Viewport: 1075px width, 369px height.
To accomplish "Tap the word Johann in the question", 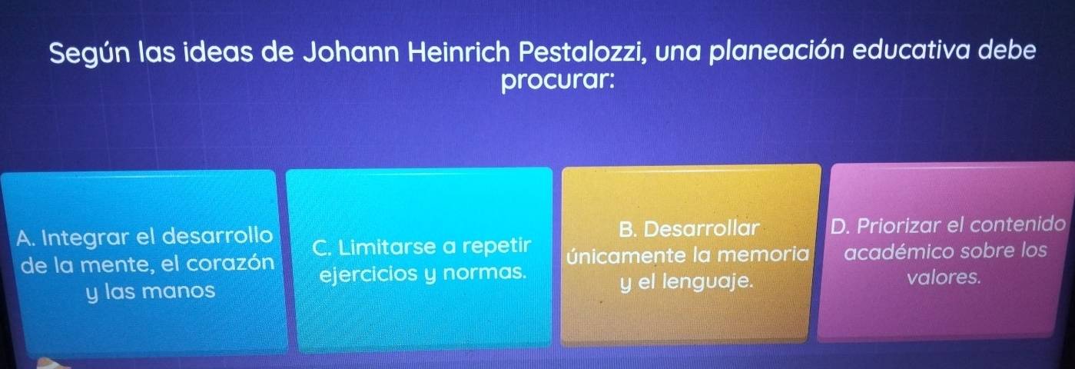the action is [x=351, y=52].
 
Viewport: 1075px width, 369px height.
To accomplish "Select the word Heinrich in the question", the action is [x=459, y=52].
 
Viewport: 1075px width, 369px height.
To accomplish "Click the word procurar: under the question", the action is [x=558, y=82].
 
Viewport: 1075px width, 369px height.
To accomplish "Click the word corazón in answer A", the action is [x=231, y=263].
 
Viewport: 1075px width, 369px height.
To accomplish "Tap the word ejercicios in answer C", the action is [x=369, y=274].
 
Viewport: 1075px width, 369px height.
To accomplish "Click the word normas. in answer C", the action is [x=484, y=273].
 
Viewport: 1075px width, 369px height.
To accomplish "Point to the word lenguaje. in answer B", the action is [x=708, y=281].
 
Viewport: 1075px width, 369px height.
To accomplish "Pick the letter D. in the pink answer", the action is [x=841, y=225].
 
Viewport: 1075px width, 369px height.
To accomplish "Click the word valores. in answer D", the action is [x=944, y=277].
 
